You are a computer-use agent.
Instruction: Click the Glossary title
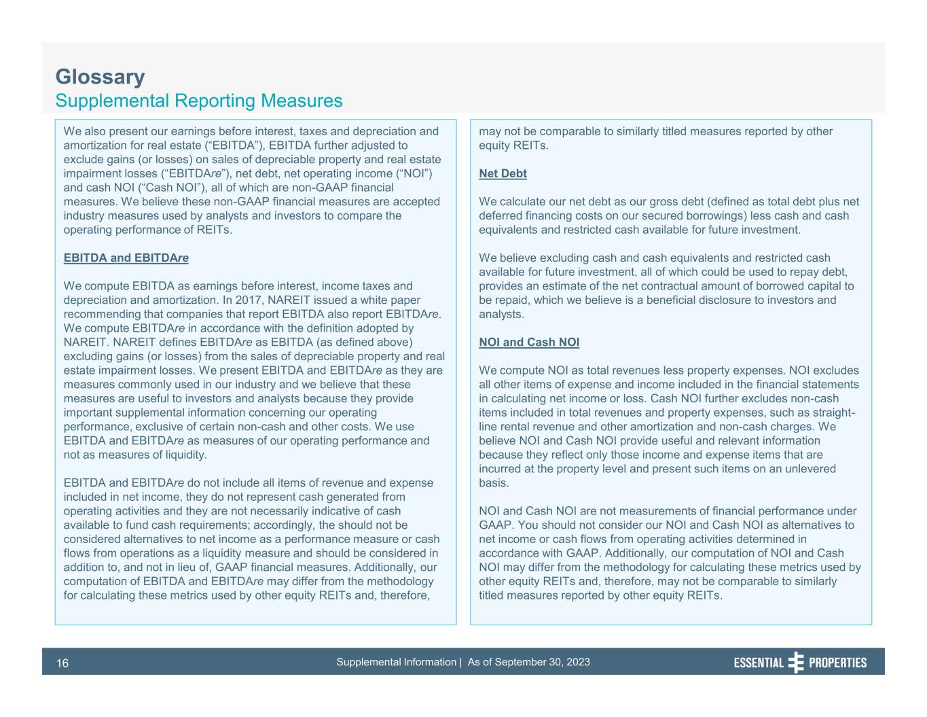tap(100, 77)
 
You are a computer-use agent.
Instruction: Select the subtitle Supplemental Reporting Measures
tap(198, 101)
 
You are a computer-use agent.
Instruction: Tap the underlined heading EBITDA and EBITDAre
tap(126, 258)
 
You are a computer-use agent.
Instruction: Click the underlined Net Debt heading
tap(503, 173)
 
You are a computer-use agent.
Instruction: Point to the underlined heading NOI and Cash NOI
tap(529, 343)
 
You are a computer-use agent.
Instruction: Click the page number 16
tap(62, 663)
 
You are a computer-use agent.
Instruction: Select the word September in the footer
tap(519, 662)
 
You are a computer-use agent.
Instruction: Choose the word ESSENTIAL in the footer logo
tap(759, 663)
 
